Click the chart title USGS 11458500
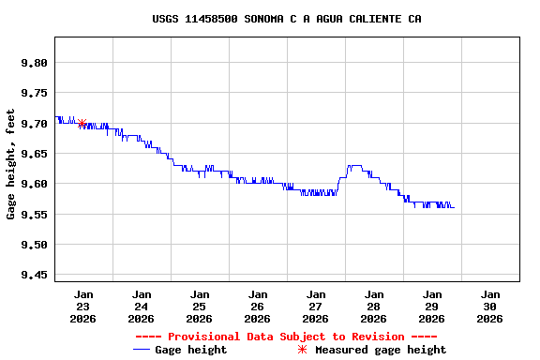click(286, 19)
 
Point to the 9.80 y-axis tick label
click(33, 63)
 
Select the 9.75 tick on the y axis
click(33, 93)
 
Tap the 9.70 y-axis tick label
click(33, 124)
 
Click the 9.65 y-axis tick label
click(33, 154)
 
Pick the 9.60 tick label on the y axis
click(33, 184)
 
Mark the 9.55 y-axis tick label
click(33, 215)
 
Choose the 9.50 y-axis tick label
click(33, 245)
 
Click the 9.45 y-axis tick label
click(33, 275)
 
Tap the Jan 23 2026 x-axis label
click(83, 307)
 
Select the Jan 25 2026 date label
click(200, 307)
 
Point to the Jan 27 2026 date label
click(316, 307)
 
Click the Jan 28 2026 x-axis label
click(374, 307)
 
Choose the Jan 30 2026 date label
click(489, 307)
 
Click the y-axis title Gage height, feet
click(11, 164)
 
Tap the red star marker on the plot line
click(82, 123)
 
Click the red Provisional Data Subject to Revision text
click(286, 337)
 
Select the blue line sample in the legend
click(142, 350)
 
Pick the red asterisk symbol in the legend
click(302, 350)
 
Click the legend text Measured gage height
click(381, 350)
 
